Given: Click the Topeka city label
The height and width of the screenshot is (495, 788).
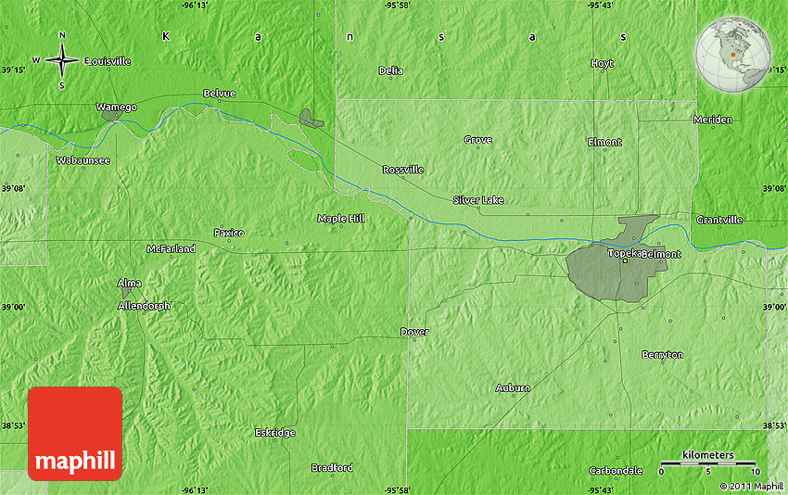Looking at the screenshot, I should click(x=622, y=253).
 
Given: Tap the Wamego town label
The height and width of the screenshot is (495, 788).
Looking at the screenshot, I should click(x=117, y=107).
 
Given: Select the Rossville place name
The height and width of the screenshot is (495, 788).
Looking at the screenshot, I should click(x=403, y=170).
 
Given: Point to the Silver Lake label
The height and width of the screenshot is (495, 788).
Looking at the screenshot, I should click(x=478, y=199).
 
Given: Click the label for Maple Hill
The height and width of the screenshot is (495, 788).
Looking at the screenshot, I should click(x=341, y=218).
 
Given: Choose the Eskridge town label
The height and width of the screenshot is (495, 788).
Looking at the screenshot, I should click(x=274, y=433).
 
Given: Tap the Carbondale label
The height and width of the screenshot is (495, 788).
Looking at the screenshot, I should click(x=616, y=470).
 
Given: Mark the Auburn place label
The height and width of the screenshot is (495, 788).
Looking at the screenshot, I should click(x=513, y=387).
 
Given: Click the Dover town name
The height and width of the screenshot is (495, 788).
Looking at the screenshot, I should click(x=414, y=331).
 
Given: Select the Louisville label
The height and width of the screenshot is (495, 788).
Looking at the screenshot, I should click(x=108, y=61).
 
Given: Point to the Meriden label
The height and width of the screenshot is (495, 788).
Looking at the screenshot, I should click(x=713, y=119).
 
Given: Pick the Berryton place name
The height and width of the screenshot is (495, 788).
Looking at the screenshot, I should click(x=662, y=355).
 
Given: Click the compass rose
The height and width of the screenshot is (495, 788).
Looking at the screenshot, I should click(x=62, y=61).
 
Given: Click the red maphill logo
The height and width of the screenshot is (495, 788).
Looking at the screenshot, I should click(x=75, y=433).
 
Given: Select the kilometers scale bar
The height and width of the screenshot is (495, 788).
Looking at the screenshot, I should click(x=709, y=463).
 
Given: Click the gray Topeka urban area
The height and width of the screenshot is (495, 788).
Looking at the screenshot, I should click(x=603, y=269).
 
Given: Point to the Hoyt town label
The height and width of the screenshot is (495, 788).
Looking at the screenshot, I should click(x=602, y=63).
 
